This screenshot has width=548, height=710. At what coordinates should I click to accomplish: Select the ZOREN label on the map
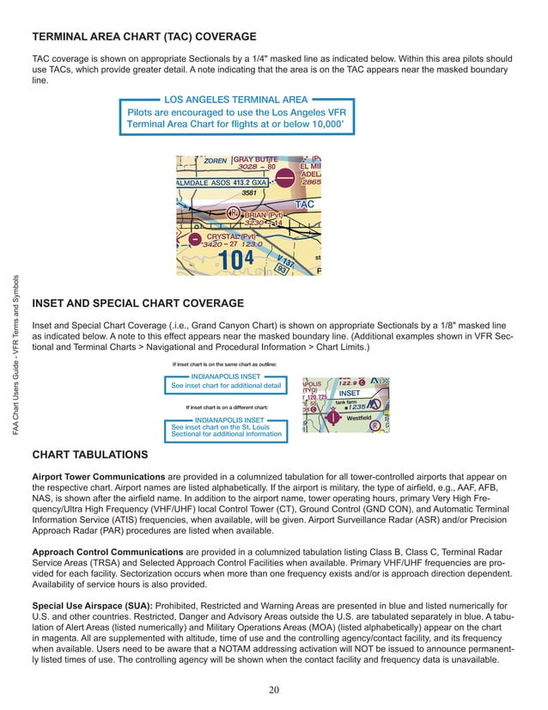[215, 161]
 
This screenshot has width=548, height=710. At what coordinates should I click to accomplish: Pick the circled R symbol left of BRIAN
[233, 213]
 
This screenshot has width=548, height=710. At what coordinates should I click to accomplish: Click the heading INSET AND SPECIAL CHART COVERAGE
[137, 303]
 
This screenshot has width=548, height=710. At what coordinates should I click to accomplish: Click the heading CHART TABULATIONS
[89, 454]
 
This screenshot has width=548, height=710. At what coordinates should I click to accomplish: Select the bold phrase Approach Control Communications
[106, 548]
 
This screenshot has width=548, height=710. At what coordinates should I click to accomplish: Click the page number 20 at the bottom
[273, 689]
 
